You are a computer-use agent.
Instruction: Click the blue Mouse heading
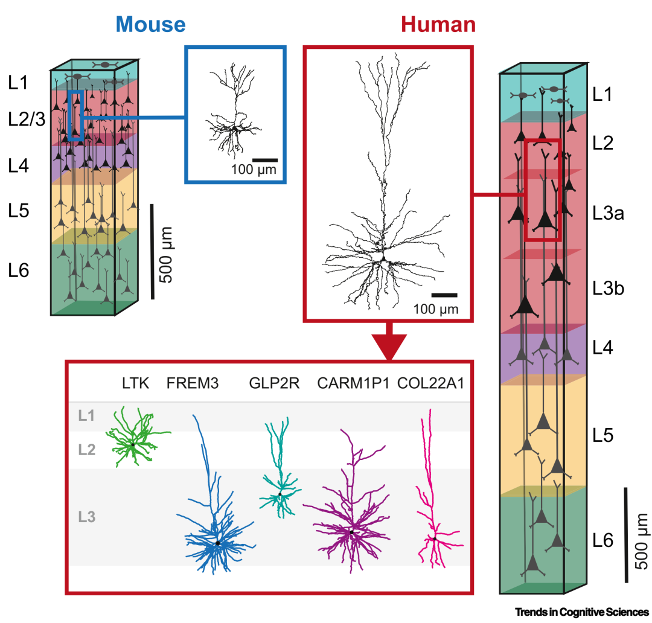coord(150,24)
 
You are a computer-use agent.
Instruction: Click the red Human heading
coord(438,24)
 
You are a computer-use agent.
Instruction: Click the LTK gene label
coord(135,383)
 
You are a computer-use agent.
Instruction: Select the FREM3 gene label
coord(192,383)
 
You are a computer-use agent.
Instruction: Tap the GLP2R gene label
coord(274,383)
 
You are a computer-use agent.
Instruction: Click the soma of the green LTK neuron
coord(133,445)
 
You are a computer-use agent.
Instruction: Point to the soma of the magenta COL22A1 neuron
coord(434,538)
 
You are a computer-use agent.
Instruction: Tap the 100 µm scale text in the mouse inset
coord(254,170)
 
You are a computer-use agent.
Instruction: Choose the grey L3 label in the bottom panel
coord(86,517)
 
